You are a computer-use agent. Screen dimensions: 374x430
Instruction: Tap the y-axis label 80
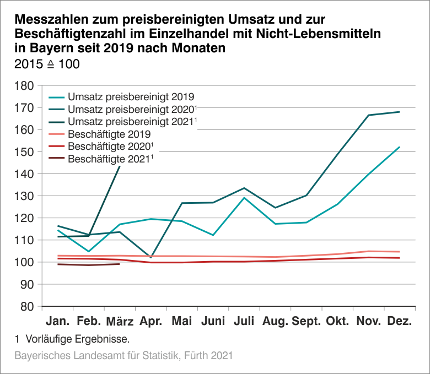pyautogui.click(x=29, y=306)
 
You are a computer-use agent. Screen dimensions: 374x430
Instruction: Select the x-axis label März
pyautogui.click(x=120, y=321)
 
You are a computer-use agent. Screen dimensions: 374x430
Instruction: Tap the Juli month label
pyautogui.click(x=244, y=321)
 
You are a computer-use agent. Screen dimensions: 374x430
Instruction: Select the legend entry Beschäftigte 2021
pyautogui.click(x=109, y=159)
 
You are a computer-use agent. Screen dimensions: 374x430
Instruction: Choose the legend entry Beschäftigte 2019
pyautogui.click(x=109, y=134)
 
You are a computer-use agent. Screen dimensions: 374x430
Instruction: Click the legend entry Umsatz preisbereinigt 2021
pyautogui.click(x=131, y=121)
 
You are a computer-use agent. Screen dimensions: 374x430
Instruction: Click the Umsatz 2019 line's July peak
pyautogui.click(x=244, y=198)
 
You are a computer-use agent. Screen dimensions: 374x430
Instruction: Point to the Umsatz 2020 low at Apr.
pyautogui.click(x=151, y=257)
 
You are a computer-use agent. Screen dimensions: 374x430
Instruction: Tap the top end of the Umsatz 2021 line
pyautogui.click(x=120, y=166)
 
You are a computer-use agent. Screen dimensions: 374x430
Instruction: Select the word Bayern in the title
pyautogui.click(x=40, y=48)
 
